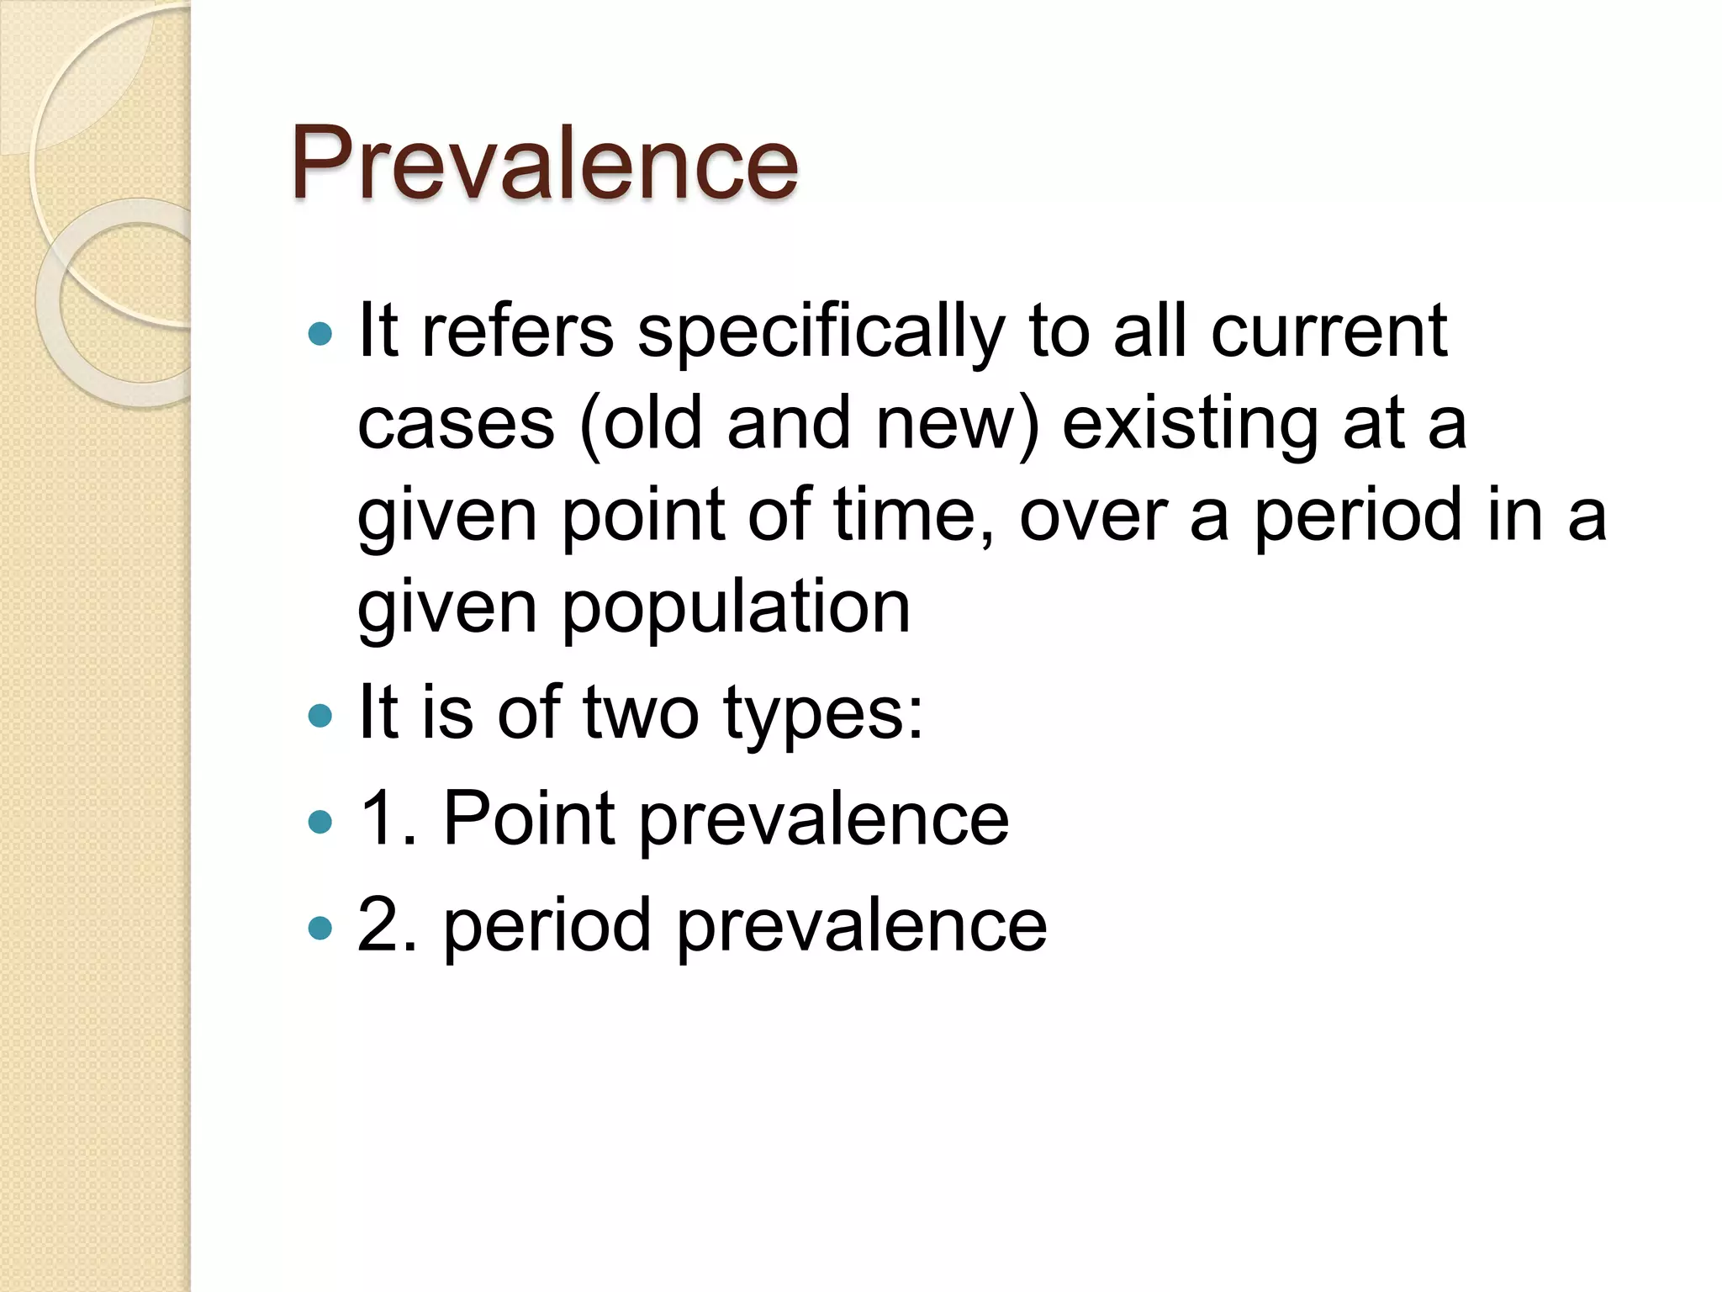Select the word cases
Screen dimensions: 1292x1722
456,425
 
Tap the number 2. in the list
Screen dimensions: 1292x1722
387,924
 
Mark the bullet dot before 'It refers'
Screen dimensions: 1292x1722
320,335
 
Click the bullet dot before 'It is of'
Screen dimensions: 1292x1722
320,716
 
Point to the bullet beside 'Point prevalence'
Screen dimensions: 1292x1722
320,822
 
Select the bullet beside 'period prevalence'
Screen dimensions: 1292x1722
320,928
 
